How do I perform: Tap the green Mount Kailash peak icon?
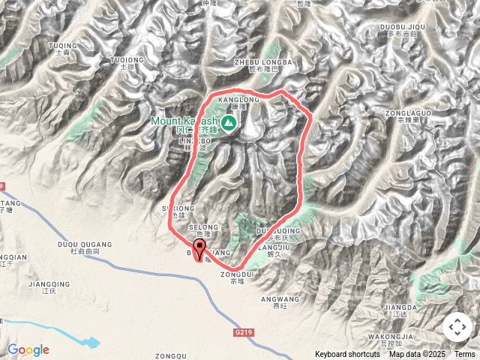227,120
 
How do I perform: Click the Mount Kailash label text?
184,121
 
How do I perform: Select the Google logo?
28,349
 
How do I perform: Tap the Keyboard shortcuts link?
347,354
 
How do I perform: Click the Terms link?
465,354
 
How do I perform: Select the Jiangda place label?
399,307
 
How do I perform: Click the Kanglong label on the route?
238,99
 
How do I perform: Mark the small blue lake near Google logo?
89,343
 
